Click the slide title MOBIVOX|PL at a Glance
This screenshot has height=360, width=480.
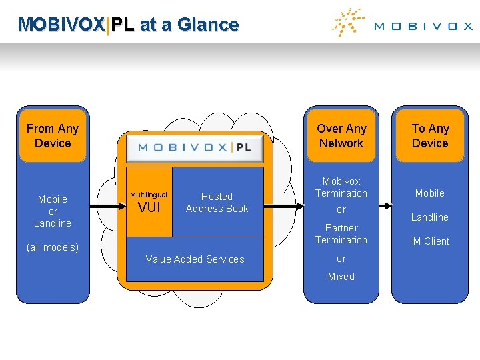point(128,25)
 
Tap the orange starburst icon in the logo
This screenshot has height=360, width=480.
point(347,23)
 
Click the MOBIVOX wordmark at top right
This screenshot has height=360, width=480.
point(423,27)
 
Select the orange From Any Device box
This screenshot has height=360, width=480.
point(53,136)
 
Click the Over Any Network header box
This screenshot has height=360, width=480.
point(341,136)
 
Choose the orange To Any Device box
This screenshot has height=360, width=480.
point(430,136)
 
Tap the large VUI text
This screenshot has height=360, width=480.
point(149,208)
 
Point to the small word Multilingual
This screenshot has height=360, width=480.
point(149,195)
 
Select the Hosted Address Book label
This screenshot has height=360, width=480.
point(217,203)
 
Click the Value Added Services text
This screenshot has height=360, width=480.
point(195,259)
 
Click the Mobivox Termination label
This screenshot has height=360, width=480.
point(341,187)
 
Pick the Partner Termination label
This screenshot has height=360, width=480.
point(341,234)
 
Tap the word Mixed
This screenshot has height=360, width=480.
point(341,277)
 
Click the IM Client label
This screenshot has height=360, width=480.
point(429,241)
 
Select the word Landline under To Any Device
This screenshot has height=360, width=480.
point(429,217)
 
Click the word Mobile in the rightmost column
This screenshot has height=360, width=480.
point(429,193)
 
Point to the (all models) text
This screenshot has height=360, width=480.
point(53,247)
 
